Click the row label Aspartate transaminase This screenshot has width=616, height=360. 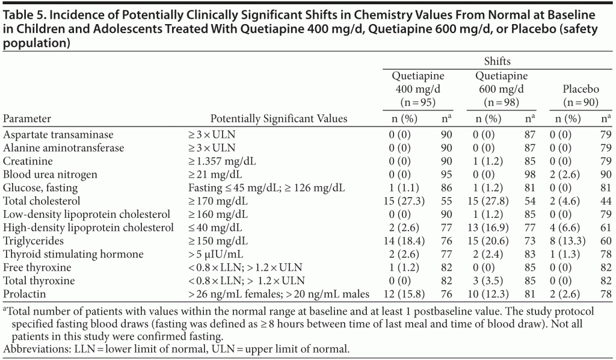coord(58,135)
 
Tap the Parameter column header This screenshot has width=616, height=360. coord(27,119)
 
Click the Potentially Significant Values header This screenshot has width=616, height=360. coord(279,119)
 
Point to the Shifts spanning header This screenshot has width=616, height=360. coord(497,61)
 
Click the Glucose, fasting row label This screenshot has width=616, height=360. coord(40,187)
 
